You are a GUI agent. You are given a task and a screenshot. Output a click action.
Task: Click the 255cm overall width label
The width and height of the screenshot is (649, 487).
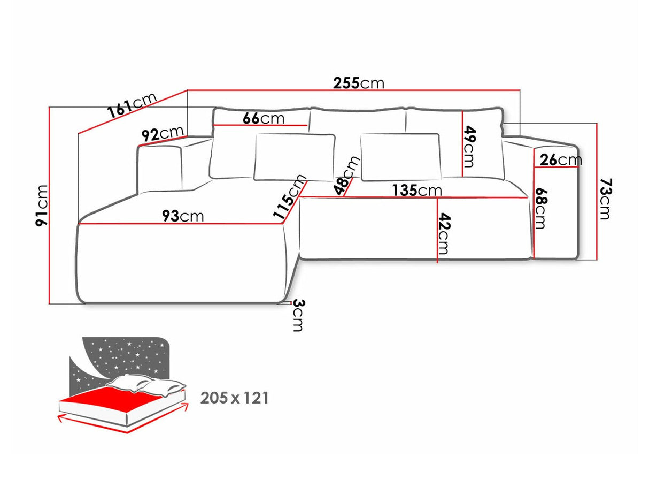[358, 83]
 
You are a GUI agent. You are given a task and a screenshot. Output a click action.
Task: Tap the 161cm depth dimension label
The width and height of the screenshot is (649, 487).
[132, 105]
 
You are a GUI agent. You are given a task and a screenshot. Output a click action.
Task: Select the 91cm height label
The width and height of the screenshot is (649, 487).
[42, 204]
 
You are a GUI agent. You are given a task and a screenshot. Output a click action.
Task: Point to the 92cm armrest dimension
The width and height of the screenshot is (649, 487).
[163, 134]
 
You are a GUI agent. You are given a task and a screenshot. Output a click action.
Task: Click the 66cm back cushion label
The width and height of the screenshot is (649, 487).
[264, 118]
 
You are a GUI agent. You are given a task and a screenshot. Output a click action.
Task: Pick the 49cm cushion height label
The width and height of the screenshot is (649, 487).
[469, 146]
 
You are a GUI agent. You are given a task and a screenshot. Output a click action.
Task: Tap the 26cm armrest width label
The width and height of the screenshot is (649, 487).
[560, 159]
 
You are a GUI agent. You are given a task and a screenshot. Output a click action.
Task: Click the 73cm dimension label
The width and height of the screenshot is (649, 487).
[605, 199]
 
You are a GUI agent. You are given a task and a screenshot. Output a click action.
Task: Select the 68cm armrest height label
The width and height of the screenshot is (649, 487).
[540, 208]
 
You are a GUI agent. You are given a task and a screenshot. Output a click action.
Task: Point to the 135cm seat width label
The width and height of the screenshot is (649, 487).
[416, 190]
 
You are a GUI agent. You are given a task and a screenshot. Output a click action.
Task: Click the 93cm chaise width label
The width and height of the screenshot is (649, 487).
[183, 216]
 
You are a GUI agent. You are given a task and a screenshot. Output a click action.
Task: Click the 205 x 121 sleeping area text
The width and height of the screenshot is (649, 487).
[235, 398]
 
